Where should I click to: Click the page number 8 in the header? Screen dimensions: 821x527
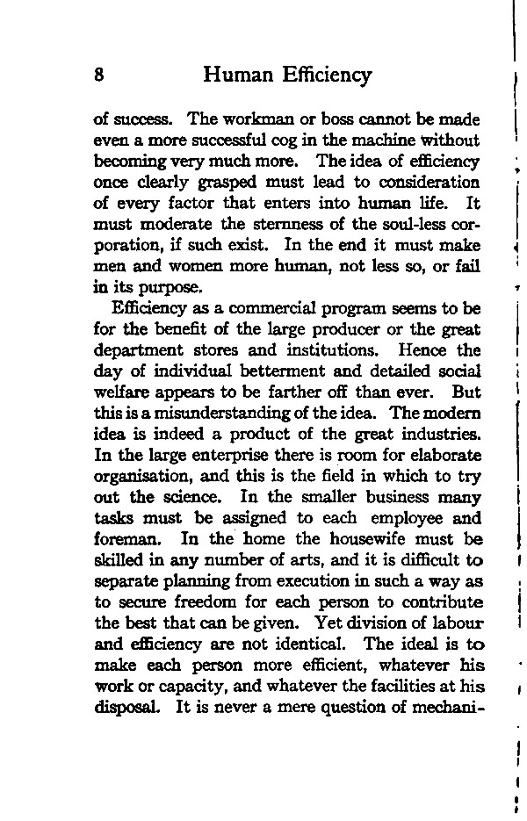tap(99, 76)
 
